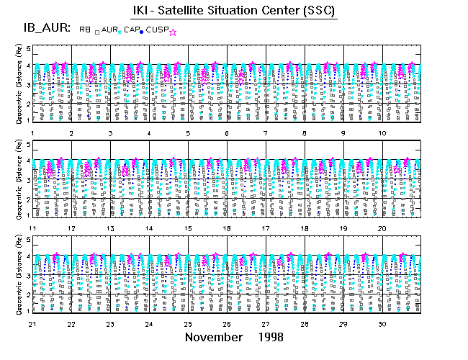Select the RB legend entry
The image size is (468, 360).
85,30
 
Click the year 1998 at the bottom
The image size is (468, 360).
269,337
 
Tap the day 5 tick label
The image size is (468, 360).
188,134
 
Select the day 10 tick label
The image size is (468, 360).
383,134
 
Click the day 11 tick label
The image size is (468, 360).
32,228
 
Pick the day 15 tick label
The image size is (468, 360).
188,228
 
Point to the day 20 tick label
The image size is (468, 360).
383,228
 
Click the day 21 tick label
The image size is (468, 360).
32,324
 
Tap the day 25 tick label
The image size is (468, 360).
188,324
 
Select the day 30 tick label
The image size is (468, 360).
383,324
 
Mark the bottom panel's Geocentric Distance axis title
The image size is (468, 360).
19,274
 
